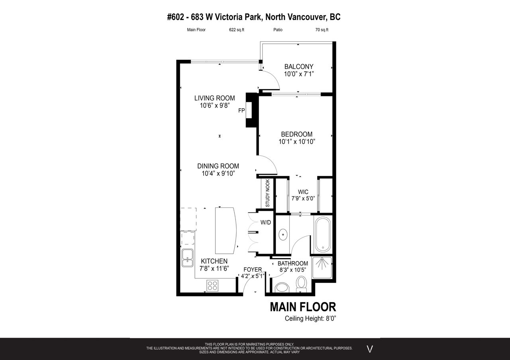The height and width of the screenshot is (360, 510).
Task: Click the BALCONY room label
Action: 299,67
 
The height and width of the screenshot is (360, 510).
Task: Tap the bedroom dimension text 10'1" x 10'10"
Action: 297,142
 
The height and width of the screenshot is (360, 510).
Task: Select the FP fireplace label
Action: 241,111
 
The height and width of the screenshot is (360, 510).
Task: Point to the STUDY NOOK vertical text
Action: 268,193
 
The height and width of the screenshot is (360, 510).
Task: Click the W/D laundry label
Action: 266,222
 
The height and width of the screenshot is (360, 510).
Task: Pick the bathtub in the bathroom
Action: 323,234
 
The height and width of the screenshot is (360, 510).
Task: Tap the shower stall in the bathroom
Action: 322,268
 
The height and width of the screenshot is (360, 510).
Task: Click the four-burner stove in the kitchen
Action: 212,286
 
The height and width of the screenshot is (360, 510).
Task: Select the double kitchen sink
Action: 187,258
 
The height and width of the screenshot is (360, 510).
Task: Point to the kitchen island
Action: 226,231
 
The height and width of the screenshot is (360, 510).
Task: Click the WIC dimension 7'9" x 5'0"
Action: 303,198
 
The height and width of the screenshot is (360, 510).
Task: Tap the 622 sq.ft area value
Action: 237,30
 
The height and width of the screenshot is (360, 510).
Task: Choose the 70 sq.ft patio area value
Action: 322,30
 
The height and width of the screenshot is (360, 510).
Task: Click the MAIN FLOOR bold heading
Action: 303,307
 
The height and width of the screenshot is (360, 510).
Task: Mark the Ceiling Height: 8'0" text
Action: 310,318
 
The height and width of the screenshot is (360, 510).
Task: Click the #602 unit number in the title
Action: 175,17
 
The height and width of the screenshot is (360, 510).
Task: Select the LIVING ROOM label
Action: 214,98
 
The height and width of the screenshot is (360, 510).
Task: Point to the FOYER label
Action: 253,270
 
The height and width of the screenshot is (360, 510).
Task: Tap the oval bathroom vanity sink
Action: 283,235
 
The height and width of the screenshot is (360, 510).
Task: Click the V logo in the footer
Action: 370,349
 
